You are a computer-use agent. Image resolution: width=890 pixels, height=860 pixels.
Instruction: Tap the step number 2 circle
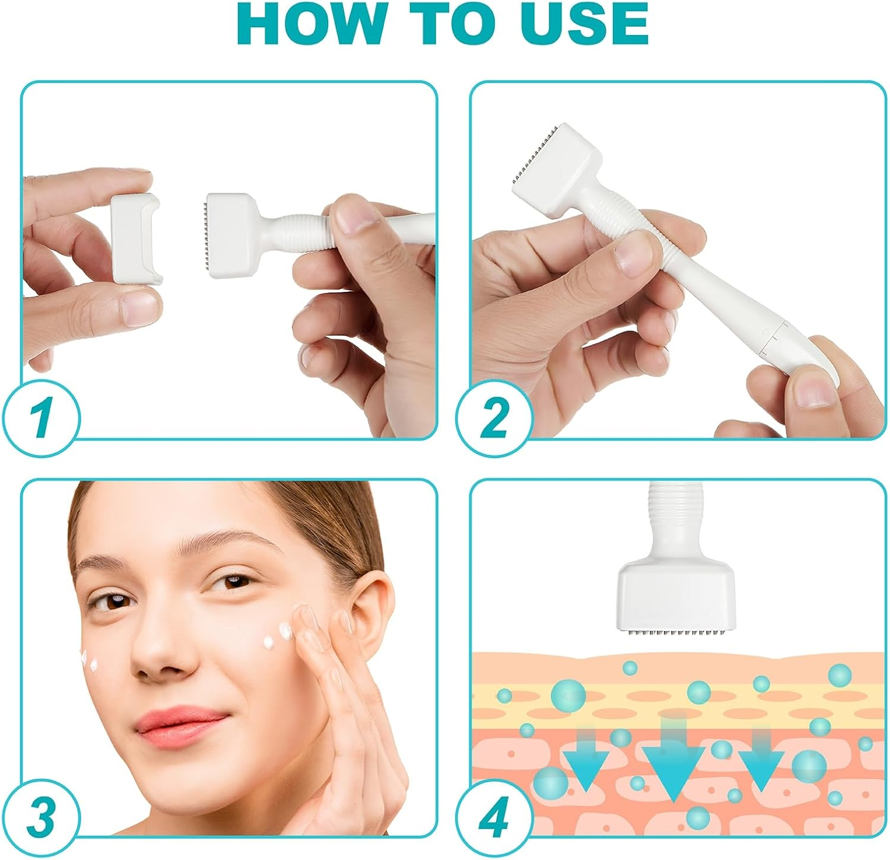pyautogui.click(x=493, y=419)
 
